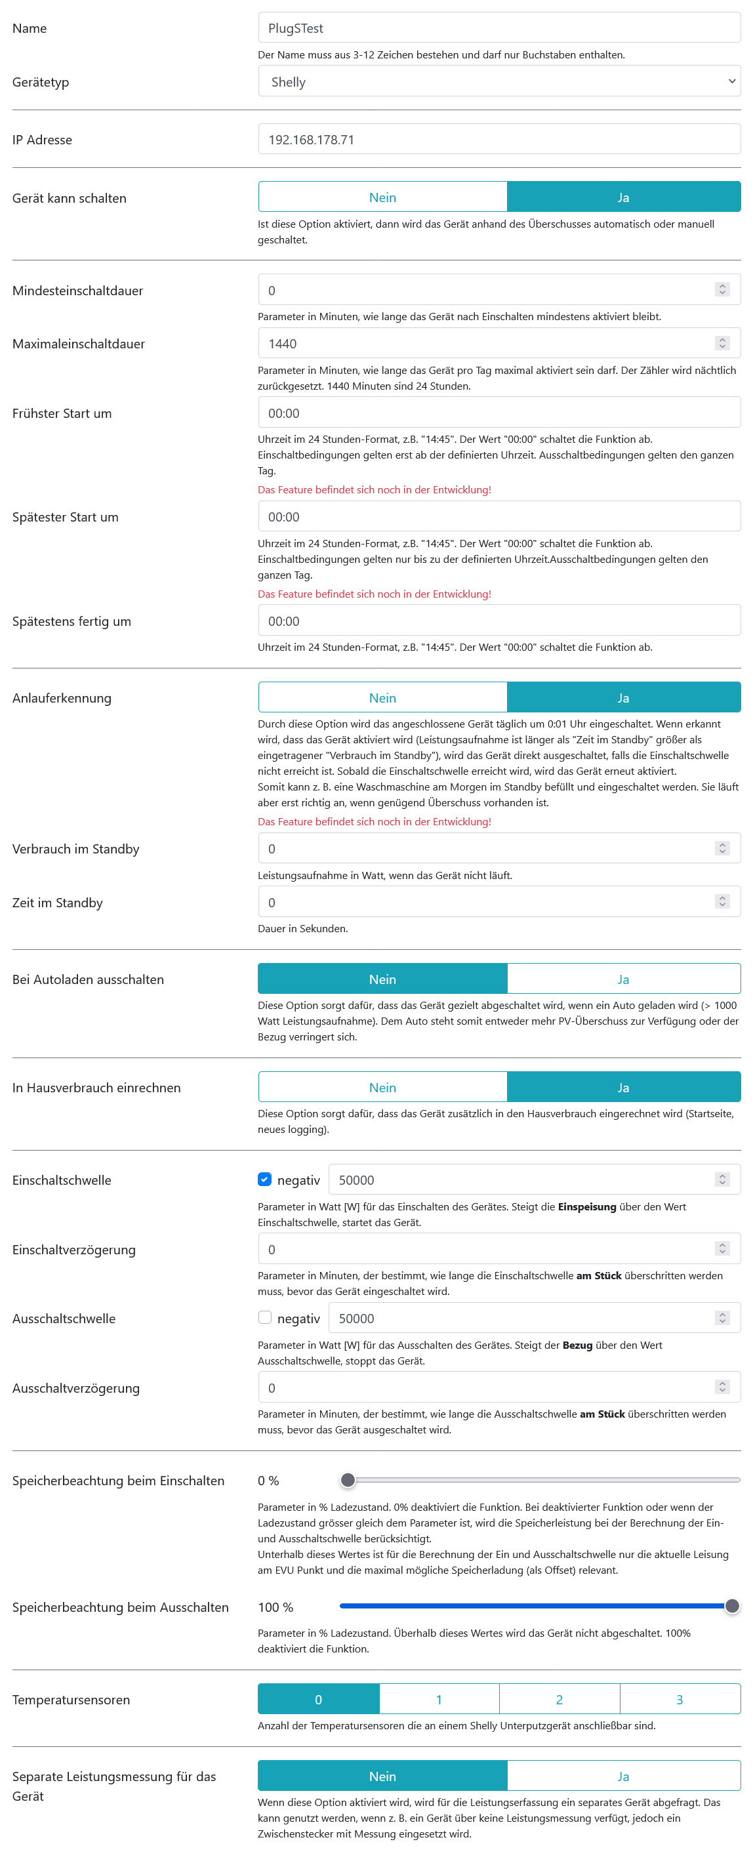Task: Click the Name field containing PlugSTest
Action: [499, 28]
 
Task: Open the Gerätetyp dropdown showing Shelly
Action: [499, 82]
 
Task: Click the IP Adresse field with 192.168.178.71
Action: [499, 139]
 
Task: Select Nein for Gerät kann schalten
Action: [382, 197]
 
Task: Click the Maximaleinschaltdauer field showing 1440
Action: [485, 344]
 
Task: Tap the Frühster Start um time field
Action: [499, 413]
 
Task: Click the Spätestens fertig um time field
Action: [499, 621]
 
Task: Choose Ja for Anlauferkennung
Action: [623, 698]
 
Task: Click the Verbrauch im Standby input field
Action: [485, 849]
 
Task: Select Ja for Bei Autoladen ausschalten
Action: [623, 979]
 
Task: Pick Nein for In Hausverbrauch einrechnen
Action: [382, 1087]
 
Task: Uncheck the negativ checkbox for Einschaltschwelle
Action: [265, 1180]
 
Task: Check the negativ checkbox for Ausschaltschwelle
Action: [265, 1318]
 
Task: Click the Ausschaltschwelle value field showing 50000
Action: [522, 1319]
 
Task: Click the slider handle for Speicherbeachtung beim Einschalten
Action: [348, 1480]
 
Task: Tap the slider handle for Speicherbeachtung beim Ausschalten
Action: [732, 1606]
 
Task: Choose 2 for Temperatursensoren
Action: [559, 1700]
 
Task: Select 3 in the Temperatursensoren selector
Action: [679, 1700]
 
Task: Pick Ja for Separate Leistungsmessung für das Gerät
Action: [623, 1776]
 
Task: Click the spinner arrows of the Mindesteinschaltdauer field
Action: [722, 290]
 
